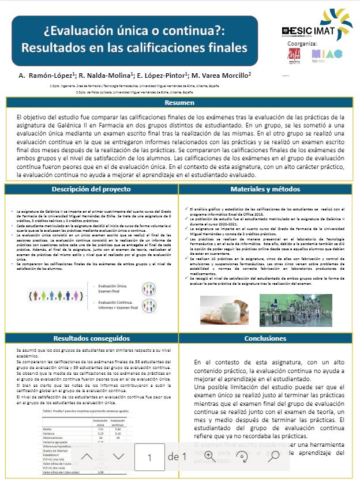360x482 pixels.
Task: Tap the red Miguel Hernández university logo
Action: tap(294, 54)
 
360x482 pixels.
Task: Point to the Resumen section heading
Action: tap(179, 103)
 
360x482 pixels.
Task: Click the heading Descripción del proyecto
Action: tap(91, 189)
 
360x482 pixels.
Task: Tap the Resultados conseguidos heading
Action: tap(91, 338)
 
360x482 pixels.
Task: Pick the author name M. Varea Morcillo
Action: tap(222, 76)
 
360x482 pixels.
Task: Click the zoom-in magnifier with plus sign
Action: tap(209, 456)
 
